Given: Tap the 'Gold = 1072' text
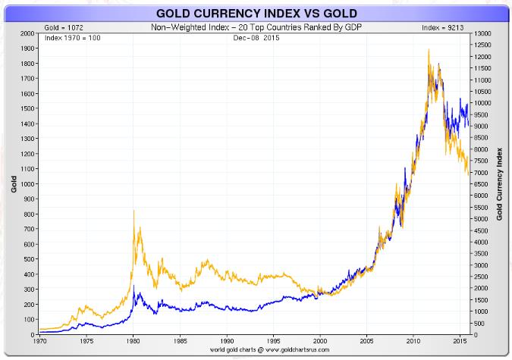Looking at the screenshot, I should pos(62,28).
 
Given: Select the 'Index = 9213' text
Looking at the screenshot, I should pos(442,28).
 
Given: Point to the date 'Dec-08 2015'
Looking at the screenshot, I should pos(256,37).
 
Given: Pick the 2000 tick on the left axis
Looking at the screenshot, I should pos(27,34).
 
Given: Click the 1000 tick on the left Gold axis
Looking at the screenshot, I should pos(27,184).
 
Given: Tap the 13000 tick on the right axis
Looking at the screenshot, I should pos(482,34).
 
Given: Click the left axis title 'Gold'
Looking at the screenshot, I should pos(13,184).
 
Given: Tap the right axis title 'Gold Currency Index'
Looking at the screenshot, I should pos(499,184).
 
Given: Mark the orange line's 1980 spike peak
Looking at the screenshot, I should pos(134,211).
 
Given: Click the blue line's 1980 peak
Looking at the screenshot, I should pos(134,286).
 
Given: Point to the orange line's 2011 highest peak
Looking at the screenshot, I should pos(429,50).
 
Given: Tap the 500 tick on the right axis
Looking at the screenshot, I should pos(481,324).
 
